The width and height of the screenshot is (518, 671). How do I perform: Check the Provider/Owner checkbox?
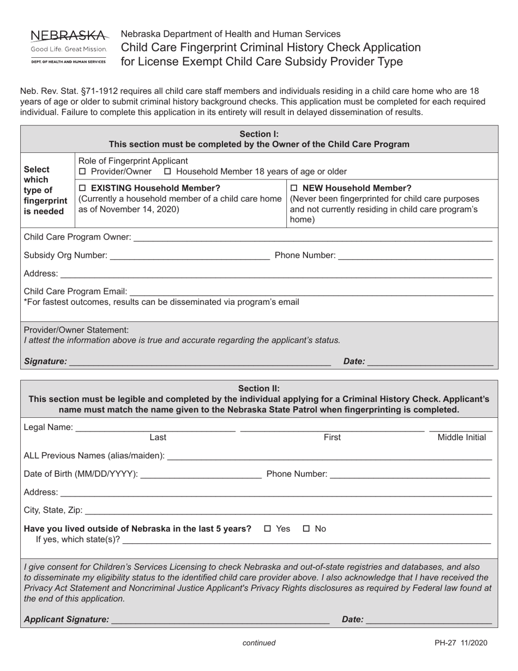coord(83,172)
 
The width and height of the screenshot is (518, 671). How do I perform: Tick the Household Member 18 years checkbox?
coord(168,172)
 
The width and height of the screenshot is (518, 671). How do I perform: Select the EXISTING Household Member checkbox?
coord(83,189)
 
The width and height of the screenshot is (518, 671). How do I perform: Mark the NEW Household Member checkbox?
coord(294,189)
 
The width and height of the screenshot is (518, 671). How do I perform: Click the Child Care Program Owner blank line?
coord(312,238)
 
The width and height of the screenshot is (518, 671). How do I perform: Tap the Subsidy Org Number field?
coord(189,256)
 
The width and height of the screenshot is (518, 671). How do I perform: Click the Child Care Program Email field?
coord(311,293)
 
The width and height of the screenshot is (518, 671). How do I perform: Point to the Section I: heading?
coord(259,134)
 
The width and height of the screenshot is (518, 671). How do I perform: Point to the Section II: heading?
coord(259,388)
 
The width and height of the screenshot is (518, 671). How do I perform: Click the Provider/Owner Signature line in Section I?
coord(200,362)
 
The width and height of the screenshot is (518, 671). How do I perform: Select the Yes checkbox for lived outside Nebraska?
coord(268,529)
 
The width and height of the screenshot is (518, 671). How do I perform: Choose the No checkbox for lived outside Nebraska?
coord(306,529)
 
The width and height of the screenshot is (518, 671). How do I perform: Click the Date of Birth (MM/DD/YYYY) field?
coord(201,475)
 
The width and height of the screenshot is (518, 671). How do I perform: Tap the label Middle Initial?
coord(462,438)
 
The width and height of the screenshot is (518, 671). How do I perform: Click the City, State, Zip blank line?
coord(288,511)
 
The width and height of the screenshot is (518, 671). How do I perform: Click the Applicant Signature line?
coord(220,620)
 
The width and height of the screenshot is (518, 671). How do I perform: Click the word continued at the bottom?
coord(259,643)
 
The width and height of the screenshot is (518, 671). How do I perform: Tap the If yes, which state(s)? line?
coord(307,541)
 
